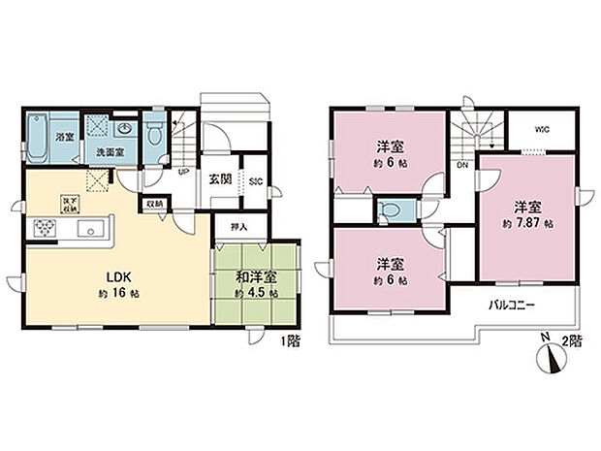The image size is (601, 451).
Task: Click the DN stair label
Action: click(x=463, y=165)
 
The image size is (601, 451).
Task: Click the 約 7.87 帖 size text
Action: click(x=528, y=223)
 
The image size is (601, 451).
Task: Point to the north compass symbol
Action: click(x=548, y=358)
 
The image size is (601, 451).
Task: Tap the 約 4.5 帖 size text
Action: click(x=256, y=292)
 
